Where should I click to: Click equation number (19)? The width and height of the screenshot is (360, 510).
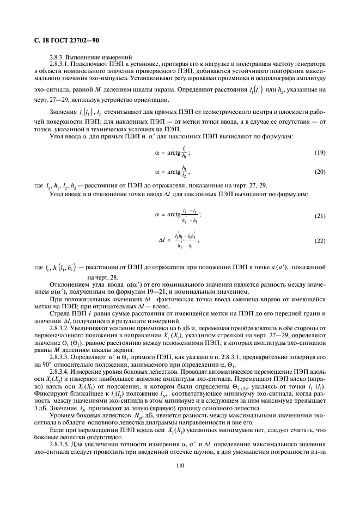[x=320, y=153]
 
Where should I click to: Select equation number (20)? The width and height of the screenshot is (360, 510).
[x=320, y=171]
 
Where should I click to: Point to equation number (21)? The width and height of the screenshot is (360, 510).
[x=320, y=216]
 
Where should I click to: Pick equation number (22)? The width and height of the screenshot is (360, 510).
[x=320, y=240]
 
